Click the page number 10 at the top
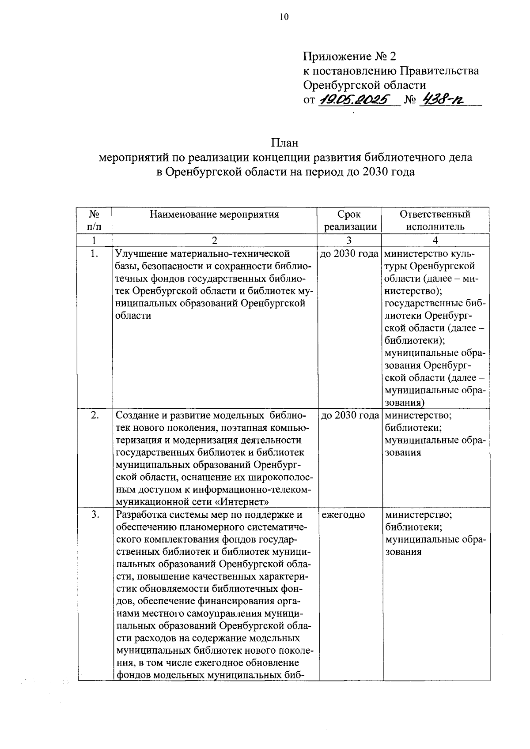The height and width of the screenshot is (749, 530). [283, 17]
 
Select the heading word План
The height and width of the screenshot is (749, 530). [285, 143]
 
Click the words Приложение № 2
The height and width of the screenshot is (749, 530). [350, 56]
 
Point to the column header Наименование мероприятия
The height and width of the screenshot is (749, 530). [214, 215]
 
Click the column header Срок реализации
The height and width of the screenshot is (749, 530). [349, 221]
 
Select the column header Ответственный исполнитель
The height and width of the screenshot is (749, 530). [435, 221]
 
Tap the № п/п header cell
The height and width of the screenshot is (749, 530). [94, 221]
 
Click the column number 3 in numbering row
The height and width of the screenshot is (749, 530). [349, 241]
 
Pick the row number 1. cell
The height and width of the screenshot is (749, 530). [94, 253]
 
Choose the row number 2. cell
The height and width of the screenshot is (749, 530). [94, 415]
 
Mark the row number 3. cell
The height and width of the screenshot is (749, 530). [94, 515]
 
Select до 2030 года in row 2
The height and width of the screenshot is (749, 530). [349, 415]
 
